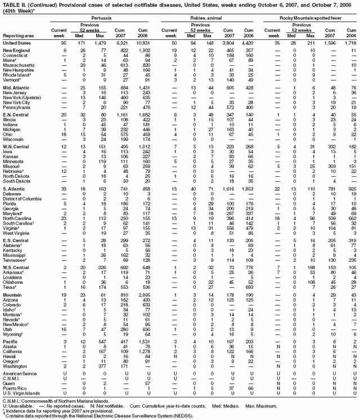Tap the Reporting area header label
[19, 36]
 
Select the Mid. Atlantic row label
[15, 88]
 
